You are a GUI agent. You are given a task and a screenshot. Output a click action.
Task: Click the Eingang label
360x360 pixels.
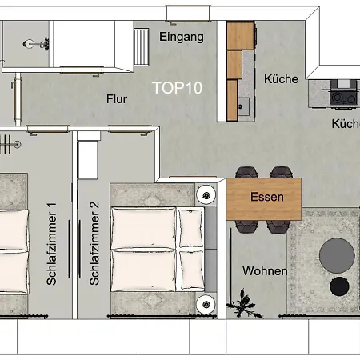[182, 37]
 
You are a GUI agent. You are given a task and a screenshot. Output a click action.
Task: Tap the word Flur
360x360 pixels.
[117, 100]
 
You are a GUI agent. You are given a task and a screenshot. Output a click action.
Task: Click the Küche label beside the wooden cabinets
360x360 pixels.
[281, 79]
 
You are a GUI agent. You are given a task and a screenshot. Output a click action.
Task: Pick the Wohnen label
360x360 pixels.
[265, 271]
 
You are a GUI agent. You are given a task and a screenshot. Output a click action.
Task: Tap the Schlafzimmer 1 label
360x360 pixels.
[51, 244]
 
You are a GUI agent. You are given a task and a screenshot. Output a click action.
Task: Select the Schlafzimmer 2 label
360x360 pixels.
[94, 244]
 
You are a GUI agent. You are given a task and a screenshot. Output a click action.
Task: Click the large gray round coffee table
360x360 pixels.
[338, 255]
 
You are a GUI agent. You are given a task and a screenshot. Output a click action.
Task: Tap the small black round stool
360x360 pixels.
[340, 285]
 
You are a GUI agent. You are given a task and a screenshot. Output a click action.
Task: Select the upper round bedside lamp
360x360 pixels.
[207, 194]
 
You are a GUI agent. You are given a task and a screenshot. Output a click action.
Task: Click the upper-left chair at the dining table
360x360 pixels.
[246, 172]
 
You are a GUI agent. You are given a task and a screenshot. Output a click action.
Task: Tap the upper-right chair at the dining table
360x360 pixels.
[281, 172]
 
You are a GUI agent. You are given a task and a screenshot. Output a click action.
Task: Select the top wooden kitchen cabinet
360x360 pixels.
[239, 36]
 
